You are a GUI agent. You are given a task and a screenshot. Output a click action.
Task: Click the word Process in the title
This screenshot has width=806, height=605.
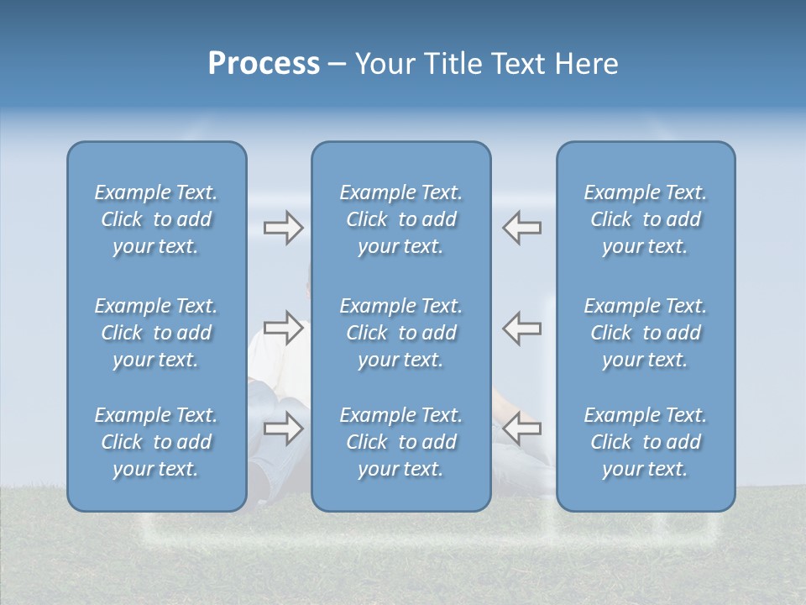[264, 64]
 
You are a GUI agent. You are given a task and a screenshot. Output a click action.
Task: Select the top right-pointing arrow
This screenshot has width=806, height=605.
[283, 228]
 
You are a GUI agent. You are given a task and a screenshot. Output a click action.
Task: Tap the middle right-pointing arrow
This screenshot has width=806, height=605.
[283, 328]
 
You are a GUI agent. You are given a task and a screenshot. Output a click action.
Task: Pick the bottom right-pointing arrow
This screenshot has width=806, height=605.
[283, 429]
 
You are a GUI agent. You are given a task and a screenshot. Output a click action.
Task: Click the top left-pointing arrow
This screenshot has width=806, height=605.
[521, 228]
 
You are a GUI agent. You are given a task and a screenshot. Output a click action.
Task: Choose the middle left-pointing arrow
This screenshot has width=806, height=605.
[521, 328]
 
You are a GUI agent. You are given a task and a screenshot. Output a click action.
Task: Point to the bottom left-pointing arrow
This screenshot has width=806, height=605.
[521, 429]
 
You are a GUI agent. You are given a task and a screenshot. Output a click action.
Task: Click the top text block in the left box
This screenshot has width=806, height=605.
[156, 219]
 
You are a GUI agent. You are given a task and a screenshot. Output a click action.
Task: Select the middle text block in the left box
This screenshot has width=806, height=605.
[156, 333]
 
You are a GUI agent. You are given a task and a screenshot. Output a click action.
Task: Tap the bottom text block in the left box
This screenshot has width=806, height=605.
[156, 442]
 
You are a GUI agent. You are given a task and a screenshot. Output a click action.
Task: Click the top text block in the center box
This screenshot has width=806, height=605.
[400, 219]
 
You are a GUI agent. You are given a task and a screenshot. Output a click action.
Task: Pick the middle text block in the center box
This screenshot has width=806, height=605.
[400, 333]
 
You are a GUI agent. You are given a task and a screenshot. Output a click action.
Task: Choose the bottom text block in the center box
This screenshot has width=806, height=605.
[400, 442]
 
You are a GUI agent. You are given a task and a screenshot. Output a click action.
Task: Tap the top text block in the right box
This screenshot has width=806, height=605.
[646, 219]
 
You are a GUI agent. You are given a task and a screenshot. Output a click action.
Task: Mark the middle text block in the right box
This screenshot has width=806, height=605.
[646, 333]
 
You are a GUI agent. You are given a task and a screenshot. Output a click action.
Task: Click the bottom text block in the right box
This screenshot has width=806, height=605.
[646, 442]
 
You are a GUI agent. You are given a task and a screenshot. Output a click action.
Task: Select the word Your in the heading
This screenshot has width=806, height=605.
[385, 64]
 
